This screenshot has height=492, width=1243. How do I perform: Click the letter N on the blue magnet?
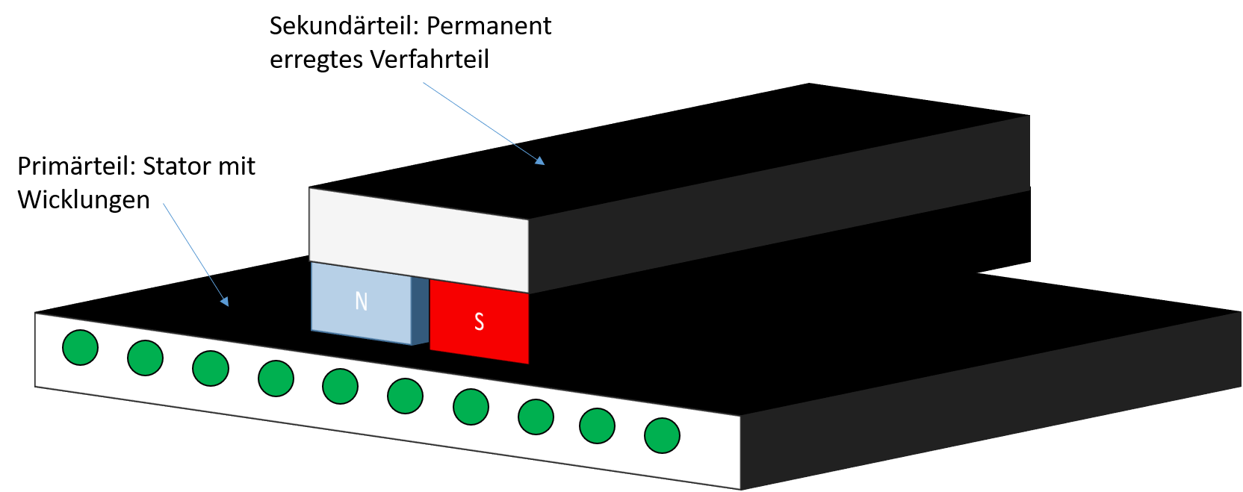coord(362,301)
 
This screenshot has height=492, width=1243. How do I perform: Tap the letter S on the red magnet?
coord(479,321)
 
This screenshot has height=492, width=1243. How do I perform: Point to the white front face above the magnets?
coord(418,239)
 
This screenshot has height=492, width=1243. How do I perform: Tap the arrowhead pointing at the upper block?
coord(540,161)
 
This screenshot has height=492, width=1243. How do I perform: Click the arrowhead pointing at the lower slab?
coord(225,302)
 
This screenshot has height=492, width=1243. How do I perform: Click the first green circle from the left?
coord(80,347)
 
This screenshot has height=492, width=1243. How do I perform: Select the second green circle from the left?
coord(145,358)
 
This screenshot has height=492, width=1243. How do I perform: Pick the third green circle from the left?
coord(211,368)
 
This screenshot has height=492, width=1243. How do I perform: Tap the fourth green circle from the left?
coord(276,379)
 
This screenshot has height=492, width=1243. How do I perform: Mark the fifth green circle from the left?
coord(340,387)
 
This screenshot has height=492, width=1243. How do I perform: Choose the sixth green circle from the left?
coord(405,396)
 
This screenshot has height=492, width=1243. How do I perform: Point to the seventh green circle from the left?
coord(471,407)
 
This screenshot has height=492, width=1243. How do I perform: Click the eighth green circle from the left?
coord(536,417)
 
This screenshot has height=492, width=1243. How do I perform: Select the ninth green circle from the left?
coord(597,426)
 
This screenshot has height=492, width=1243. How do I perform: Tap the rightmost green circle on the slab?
coord(662,435)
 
